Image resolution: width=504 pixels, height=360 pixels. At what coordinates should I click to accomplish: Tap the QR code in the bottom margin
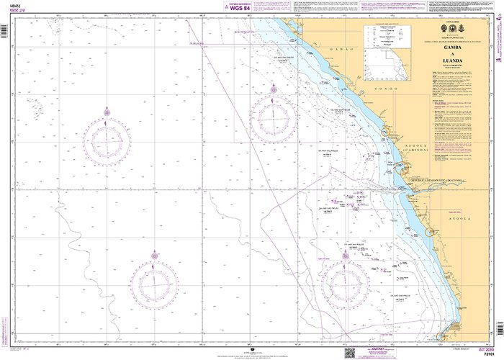(350, 352)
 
